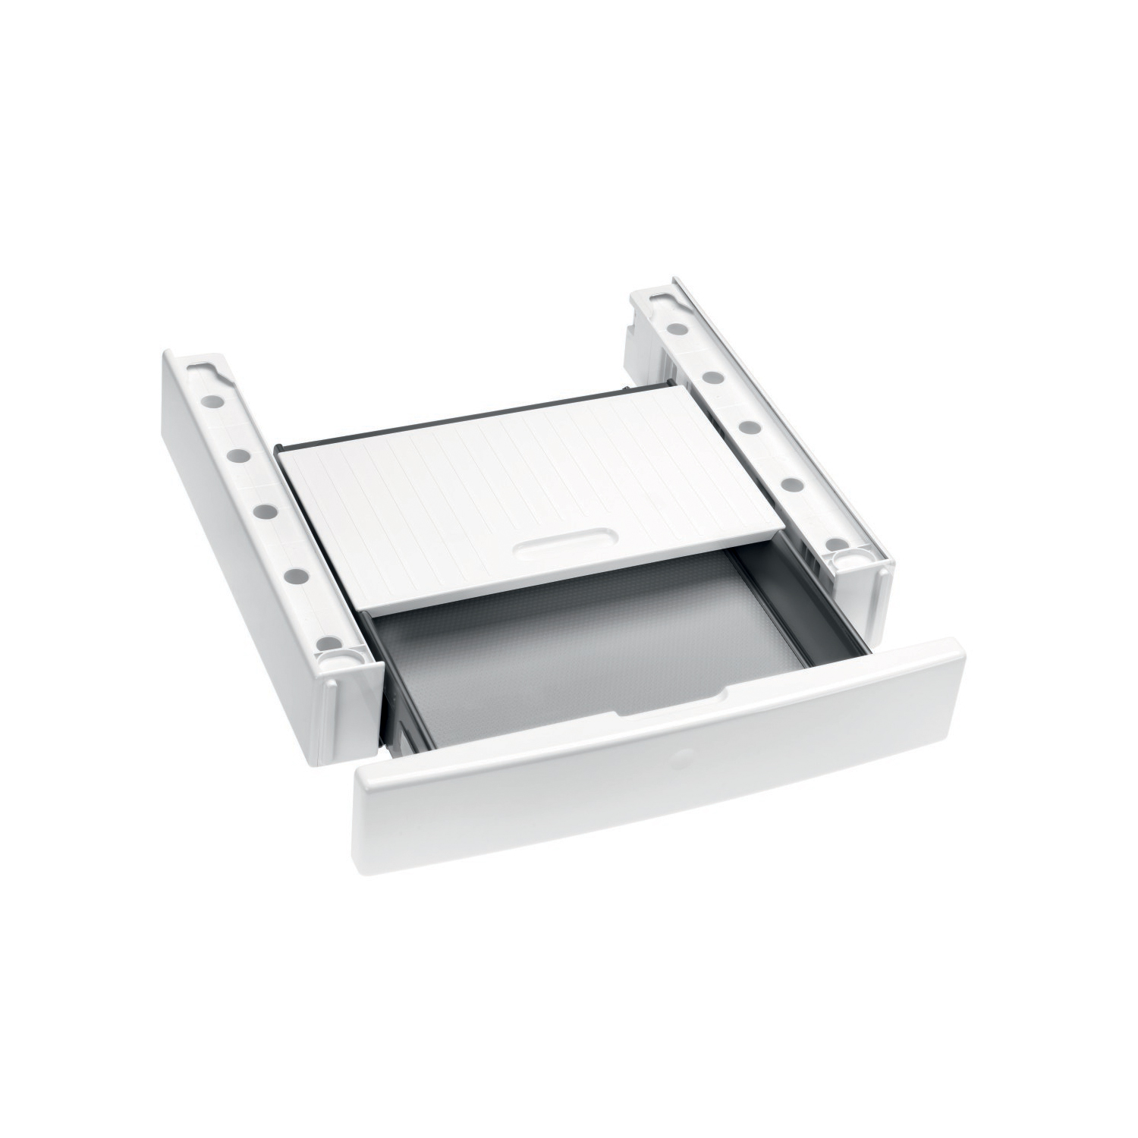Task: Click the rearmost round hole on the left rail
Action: click(x=215, y=400)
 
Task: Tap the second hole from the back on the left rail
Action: click(x=237, y=454)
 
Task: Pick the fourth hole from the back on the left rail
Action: click(x=295, y=575)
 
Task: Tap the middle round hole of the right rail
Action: click(x=748, y=426)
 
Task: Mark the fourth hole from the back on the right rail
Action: click(x=789, y=483)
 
